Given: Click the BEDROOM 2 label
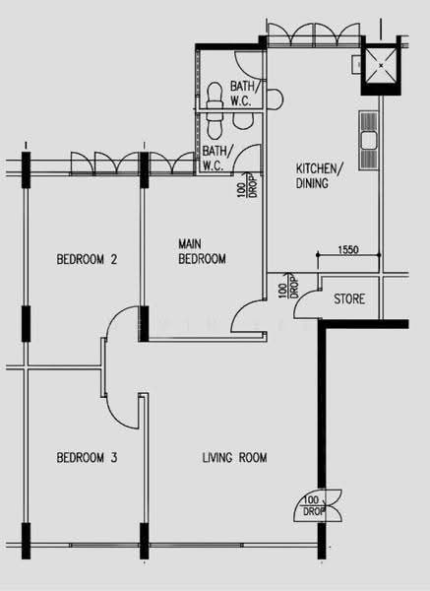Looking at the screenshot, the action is tap(87, 259).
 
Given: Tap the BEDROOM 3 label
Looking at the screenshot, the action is tap(87, 458).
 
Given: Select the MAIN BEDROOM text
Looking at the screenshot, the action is tap(202, 251).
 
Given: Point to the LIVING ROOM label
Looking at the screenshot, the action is tap(234, 458).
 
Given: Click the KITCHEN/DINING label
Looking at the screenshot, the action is tap(319, 175).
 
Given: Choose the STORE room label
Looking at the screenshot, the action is tap(349, 298).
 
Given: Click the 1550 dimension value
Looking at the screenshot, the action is tap(348, 249).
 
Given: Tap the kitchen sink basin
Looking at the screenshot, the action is tap(369, 140).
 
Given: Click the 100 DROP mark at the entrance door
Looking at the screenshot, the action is tap(313, 506).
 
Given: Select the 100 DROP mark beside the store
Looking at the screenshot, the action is tap(288, 286).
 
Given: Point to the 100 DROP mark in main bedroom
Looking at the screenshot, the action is tap(246, 185).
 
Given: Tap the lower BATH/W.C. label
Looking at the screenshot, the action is tap(215, 158).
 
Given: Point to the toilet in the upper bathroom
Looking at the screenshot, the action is tap(215, 97).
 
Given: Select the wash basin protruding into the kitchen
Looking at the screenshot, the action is tap(275, 99).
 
